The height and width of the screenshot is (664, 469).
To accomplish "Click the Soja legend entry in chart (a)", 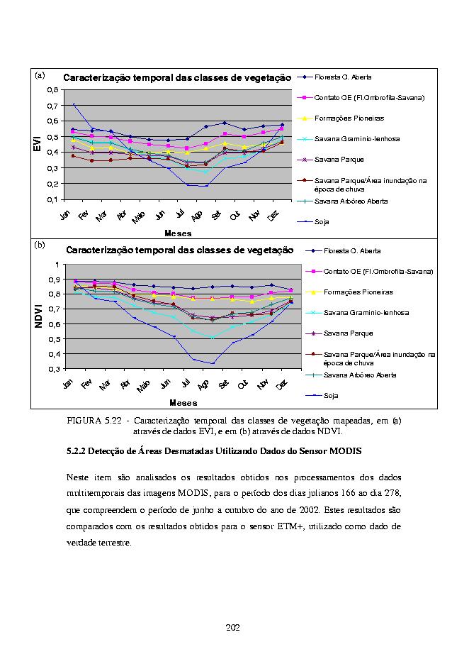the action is coord(313,221).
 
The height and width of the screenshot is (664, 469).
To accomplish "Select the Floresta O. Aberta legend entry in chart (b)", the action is coord(343,250).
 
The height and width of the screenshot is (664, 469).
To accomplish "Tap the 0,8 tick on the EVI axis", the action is coord(52,89).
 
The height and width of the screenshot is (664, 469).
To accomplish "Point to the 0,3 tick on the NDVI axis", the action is coord(55,369).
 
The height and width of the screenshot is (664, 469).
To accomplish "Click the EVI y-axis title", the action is coord(38,143).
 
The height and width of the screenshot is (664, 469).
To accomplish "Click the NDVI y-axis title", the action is coord(38,316).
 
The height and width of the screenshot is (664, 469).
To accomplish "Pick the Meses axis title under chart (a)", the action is coord(178,233).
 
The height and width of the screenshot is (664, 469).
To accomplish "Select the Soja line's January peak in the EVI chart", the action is coord(74,104).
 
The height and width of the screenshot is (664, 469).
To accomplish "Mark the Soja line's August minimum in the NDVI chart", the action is coord(213,363).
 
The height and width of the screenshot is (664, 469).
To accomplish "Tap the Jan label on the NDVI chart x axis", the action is coord(68,384).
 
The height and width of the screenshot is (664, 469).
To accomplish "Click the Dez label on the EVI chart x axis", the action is coord(273,216).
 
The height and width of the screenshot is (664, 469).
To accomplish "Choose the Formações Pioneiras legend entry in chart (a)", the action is coord(341,118).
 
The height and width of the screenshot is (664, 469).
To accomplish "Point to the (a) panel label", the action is coord(40,75).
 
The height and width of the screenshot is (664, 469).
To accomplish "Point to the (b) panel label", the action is coord(40,245).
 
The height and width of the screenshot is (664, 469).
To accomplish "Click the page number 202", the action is coord(233,628).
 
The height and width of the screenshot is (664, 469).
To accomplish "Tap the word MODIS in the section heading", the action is coord(345,451).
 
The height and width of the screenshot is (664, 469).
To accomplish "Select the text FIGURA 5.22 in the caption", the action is coord(94,421).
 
